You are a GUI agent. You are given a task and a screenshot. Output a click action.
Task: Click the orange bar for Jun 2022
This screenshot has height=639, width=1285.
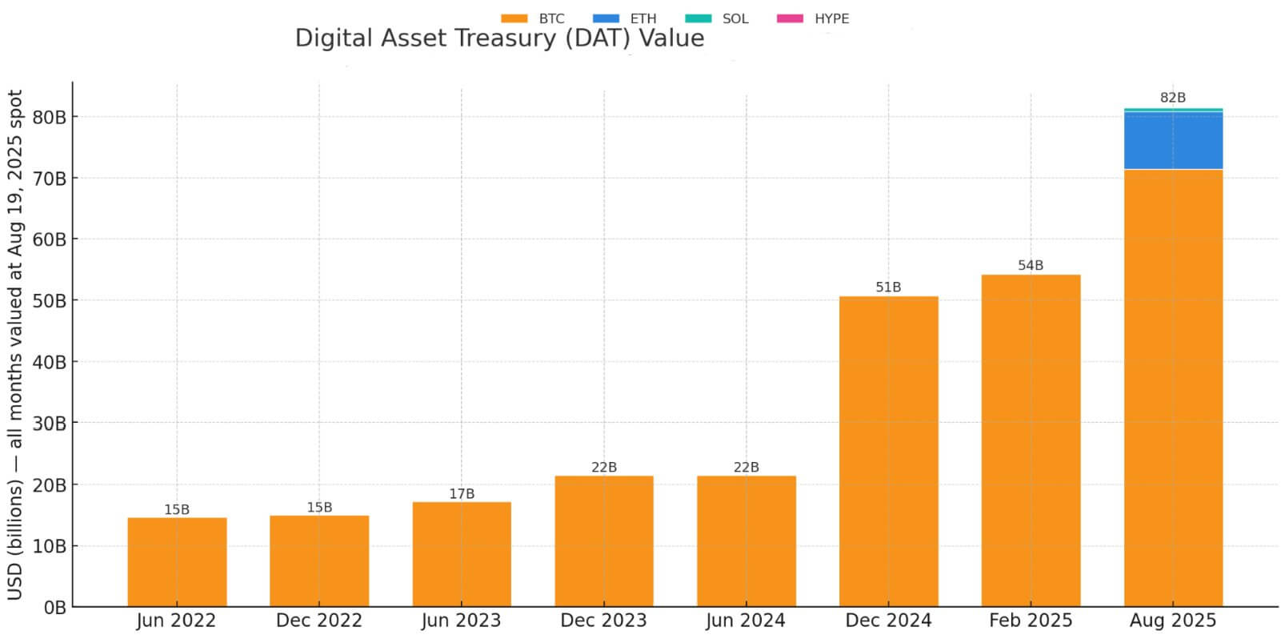(x=177, y=561)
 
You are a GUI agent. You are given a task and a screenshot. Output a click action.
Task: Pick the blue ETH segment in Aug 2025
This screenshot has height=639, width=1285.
(x=1173, y=140)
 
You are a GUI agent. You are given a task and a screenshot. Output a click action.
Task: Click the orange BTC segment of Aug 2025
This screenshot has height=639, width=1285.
(x=1173, y=388)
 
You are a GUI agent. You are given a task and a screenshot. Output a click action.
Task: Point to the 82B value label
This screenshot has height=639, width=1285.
(x=1173, y=98)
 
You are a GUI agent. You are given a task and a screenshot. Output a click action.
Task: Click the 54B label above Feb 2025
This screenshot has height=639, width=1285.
(x=1031, y=265)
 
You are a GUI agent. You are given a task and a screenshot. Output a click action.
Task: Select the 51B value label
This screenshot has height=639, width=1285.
(x=888, y=287)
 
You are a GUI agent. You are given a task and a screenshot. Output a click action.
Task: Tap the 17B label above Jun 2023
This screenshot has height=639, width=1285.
(x=462, y=494)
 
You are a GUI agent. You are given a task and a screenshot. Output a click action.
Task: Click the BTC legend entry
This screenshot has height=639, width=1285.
(x=533, y=18)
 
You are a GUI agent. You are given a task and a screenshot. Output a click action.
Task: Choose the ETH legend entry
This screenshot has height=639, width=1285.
(x=625, y=18)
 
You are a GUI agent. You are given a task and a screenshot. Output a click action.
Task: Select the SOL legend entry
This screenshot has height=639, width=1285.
(x=717, y=18)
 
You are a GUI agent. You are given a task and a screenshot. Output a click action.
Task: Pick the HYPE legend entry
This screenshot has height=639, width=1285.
(x=813, y=18)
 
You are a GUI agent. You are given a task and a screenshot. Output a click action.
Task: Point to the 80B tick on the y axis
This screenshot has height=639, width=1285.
(x=50, y=117)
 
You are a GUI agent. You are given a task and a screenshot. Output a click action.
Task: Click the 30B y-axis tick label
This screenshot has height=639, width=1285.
(x=50, y=423)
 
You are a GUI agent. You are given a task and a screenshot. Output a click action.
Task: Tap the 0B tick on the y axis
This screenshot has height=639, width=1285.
(x=54, y=608)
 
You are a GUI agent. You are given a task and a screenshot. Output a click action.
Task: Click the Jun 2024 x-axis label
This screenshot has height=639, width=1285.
(x=746, y=621)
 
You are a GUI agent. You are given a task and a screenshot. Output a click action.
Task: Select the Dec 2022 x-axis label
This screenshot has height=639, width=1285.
(x=319, y=621)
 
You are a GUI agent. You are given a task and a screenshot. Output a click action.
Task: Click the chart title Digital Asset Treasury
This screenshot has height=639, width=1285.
(x=499, y=38)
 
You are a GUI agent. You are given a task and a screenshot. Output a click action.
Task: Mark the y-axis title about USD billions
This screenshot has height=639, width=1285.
(x=15, y=344)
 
